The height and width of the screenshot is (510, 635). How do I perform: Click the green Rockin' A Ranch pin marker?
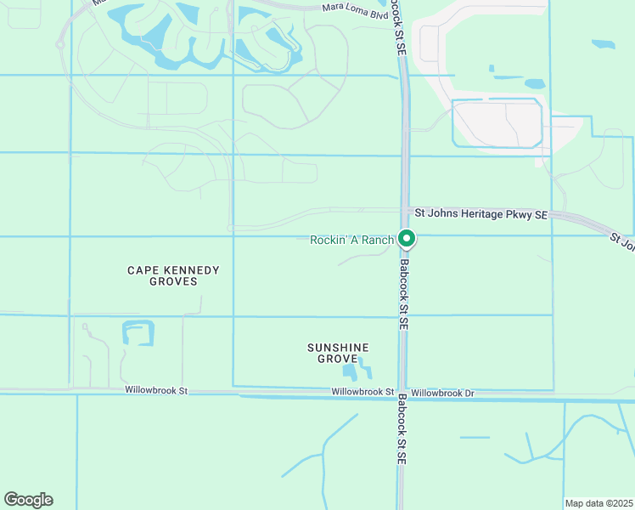(x=407, y=240)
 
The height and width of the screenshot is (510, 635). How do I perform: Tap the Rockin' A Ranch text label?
(x=351, y=240)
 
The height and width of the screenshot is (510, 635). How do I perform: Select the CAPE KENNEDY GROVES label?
(x=173, y=275)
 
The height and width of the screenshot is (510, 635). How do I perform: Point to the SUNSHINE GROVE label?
(x=338, y=354)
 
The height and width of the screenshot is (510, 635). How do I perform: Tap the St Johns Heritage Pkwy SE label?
(x=480, y=213)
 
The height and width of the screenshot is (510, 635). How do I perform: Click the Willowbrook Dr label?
(x=442, y=393)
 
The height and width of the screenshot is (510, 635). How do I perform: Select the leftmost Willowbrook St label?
(x=155, y=390)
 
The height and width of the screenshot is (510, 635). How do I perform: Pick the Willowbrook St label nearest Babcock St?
(x=362, y=392)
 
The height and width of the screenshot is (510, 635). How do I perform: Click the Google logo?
(x=28, y=500)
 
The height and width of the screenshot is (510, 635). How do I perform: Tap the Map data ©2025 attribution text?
(x=598, y=503)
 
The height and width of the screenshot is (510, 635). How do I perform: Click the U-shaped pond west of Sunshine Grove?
(x=138, y=331)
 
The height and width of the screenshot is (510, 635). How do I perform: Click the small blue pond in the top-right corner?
(x=604, y=43)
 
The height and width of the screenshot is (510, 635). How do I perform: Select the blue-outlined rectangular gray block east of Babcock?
(x=497, y=124)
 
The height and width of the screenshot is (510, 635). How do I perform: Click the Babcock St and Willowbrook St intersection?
(x=402, y=394)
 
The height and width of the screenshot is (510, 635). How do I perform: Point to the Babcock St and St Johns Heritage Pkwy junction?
(x=406, y=210)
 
